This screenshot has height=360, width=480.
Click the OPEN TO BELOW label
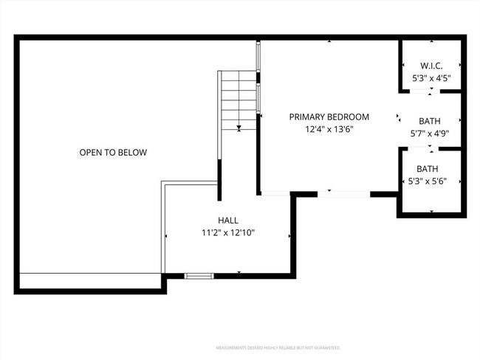[x=113, y=153]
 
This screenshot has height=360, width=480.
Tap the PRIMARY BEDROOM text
[x=329, y=117]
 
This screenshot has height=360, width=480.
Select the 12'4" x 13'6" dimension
[x=329, y=129]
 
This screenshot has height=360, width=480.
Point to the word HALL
[x=227, y=220]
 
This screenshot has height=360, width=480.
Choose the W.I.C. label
[x=431, y=65]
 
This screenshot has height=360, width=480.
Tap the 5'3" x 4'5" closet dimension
[x=431, y=77]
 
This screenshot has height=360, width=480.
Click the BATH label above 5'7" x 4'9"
[x=431, y=121]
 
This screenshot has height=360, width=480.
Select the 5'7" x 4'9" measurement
[x=431, y=134]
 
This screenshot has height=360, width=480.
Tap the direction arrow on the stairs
[x=239, y=128]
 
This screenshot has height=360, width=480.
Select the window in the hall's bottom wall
[x=199, y=276]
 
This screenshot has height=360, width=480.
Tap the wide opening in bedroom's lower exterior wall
[x=343, y=194]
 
